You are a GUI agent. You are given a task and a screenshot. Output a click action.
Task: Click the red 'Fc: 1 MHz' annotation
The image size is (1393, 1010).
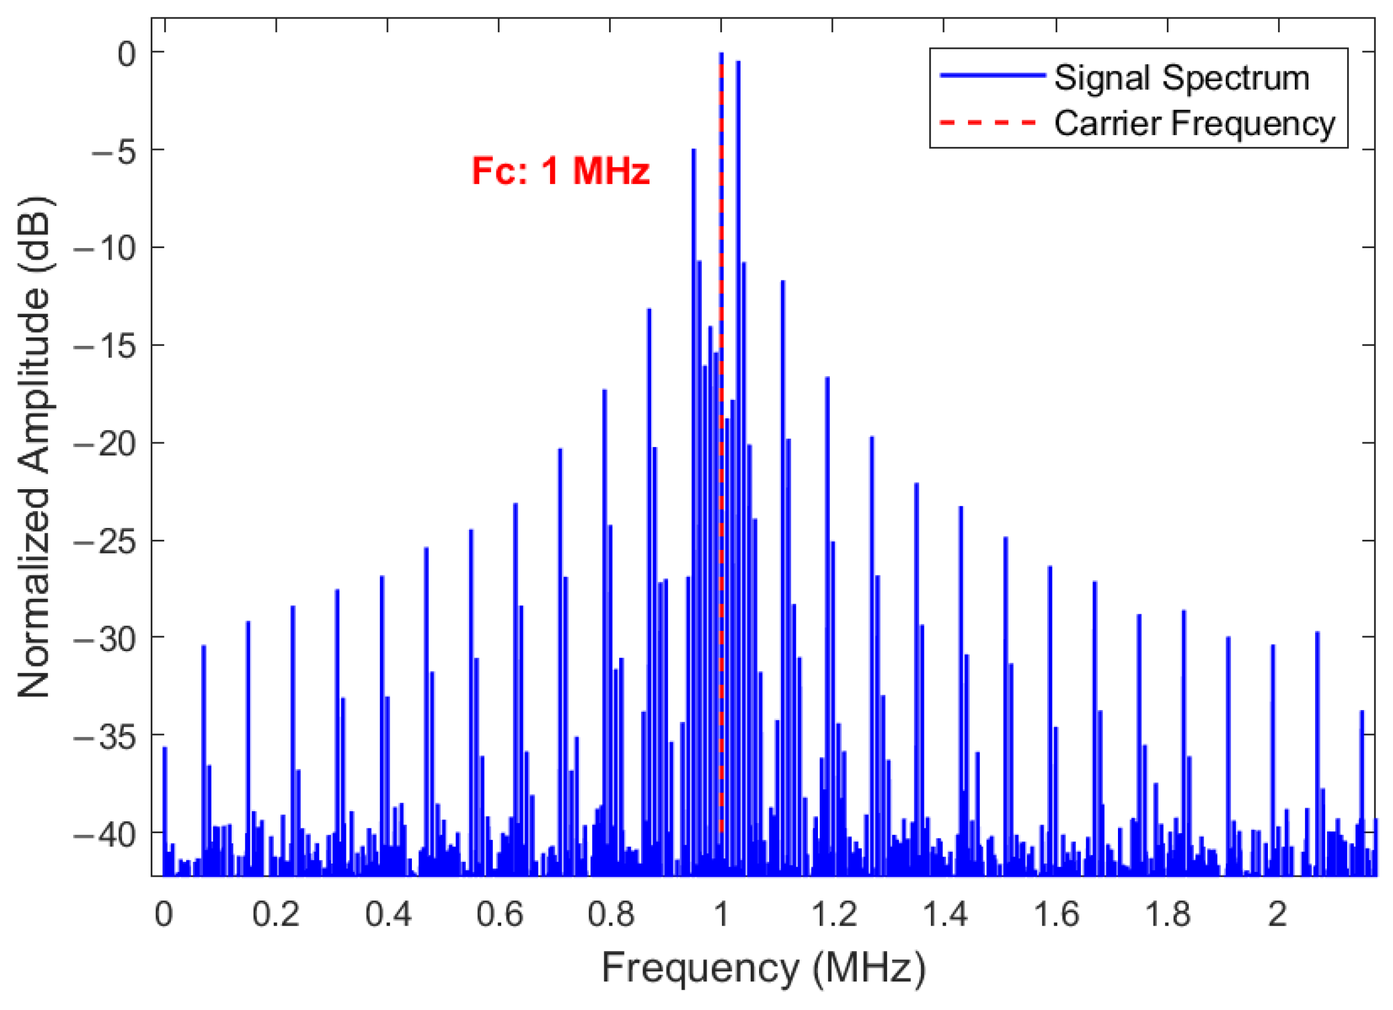tap(560, 171)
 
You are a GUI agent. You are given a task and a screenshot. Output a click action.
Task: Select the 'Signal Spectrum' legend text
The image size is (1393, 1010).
tap(1182, 78)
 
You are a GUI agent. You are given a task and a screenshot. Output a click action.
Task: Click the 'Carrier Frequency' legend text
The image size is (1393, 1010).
tap(1195, 123)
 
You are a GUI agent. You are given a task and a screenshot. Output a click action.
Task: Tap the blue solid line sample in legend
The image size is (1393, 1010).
tap(991, 76)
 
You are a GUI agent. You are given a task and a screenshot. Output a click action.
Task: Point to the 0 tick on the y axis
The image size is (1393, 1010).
tap(127, 54)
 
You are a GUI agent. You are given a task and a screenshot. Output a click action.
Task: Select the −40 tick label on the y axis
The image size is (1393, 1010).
tap(104, 835)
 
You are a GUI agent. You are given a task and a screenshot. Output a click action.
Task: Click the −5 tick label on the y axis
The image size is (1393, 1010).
tap(114, 151)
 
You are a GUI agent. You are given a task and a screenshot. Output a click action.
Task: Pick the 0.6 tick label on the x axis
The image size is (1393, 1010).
tap(499, 915)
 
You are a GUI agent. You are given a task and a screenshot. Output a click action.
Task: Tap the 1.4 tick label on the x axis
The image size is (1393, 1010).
tap(944, 915)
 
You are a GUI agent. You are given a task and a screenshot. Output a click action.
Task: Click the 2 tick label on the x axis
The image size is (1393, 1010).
tap(1278, 915)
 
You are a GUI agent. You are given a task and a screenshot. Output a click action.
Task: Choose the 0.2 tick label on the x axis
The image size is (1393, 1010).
tap(276, 915)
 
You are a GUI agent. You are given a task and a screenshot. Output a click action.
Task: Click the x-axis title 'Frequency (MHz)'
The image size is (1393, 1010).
tap(763, 968)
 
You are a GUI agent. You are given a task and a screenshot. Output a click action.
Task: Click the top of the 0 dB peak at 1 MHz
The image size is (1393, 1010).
tap(721, 54)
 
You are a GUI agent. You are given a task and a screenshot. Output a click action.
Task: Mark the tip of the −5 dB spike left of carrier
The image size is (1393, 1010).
tap(694, 150)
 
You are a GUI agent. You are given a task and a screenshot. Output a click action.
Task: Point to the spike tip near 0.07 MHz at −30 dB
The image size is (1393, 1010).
tap(204, 646)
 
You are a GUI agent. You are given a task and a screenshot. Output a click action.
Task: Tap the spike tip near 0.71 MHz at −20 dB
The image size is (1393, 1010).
tap(560, 450)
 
